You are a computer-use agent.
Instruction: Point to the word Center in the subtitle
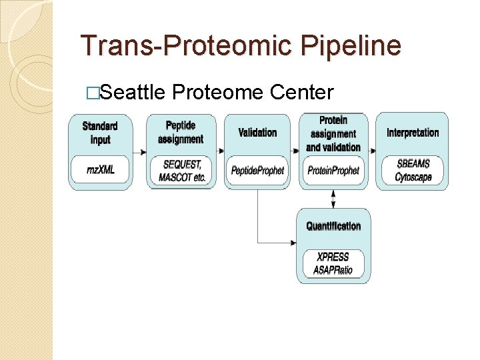click(x=301, y=92)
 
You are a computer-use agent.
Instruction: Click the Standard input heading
click(x=100, y=133)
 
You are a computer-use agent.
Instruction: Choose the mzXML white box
click(x=100, y=170)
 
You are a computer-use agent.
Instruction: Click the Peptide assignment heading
click(x=181, y=132)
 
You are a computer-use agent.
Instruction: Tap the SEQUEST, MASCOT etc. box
click(x=181, y=171)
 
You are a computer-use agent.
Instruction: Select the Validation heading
click(x=257, y=132)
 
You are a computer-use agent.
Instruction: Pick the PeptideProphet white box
click(x=257, y=171)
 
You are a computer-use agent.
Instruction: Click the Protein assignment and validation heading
click(x=333, y=133)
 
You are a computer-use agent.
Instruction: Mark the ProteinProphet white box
click(x=333, y=171)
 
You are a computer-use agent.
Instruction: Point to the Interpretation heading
click(x=413, y=132)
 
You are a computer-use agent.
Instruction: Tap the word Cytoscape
click(x=413, y=177)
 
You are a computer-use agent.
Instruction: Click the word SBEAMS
click(x=413, y=164)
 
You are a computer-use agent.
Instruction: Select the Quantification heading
click(x=333, y=226)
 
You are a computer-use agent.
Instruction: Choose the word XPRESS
click(x=333, y=257)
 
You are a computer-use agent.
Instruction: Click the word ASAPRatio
click(x=333, y=269)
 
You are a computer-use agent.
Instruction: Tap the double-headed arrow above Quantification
click(x=333, y=199)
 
